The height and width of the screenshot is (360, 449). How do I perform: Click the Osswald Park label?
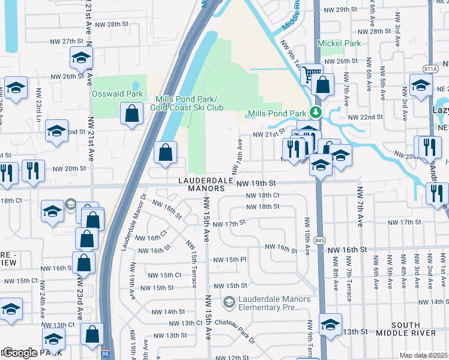pyautogui.click(x=117, y=94)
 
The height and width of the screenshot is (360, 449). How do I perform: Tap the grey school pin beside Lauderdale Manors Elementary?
pyautogui.click(x=228, y=303)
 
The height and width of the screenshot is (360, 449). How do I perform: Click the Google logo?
pyautogui.click(x=19, y=353)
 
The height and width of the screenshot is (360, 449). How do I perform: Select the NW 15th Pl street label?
pyautogui.click(x=231, y=260)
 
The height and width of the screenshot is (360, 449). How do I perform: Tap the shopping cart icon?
pyautogui.click(x=311, y=73)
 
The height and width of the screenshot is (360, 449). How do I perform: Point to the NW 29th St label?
pyautogui.click(x=343, y=10)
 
